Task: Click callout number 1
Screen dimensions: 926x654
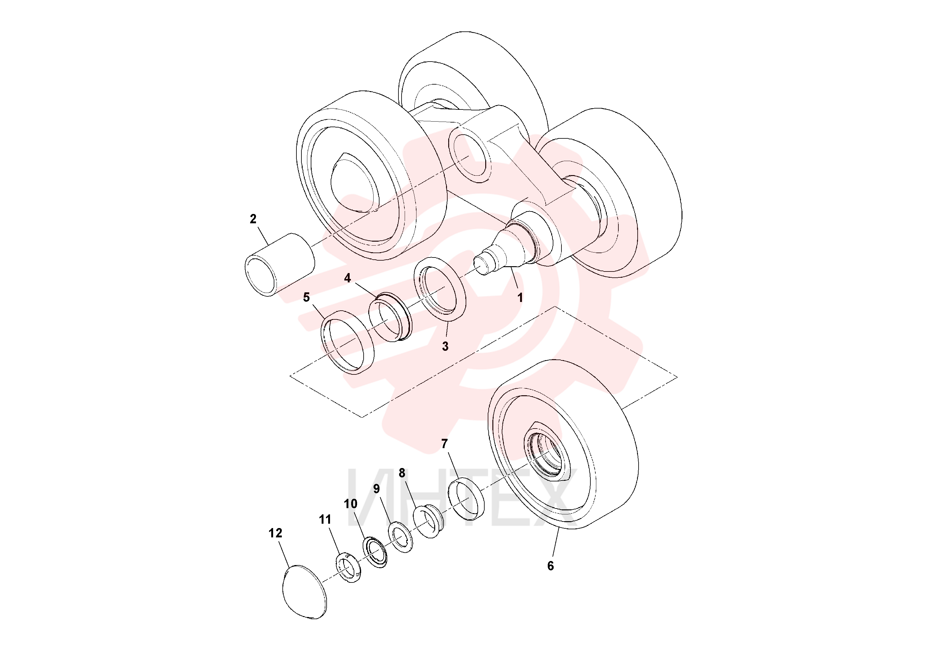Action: pos(520,298)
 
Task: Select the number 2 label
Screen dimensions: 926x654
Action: pos(253,219)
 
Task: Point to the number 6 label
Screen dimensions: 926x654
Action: pos(551,566)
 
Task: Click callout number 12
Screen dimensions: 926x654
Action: pos(276,533)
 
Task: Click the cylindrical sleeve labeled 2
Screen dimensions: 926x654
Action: pos(280,265)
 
